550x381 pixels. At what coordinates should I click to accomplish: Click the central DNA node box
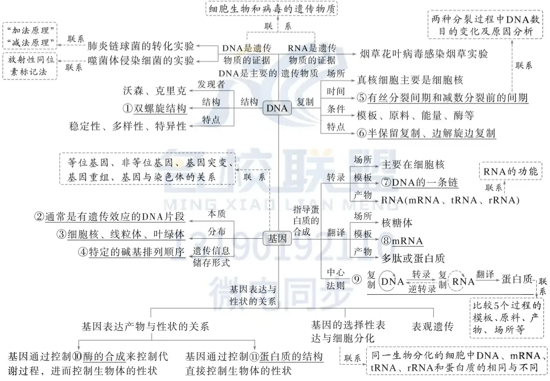point(278,108)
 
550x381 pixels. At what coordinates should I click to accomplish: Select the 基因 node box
point(277,238)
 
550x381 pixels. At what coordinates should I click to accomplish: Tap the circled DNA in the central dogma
point(393,281)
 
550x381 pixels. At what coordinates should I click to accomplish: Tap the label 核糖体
point(397,223)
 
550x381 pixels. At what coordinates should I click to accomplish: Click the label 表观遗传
point(432,326)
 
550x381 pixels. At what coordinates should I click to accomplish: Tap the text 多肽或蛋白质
point(413,258)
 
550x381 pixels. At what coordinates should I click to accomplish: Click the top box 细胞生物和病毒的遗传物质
point(272,9)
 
